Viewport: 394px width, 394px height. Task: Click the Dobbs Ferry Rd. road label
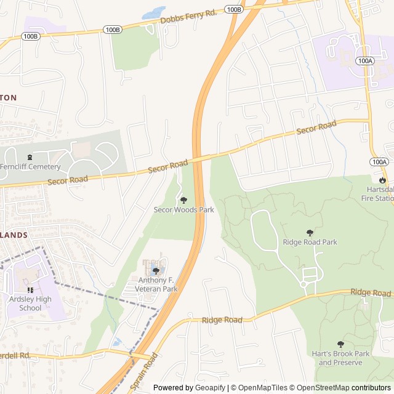[x=188, y=17]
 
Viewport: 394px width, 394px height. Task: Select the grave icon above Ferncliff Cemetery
[x=30, y=157]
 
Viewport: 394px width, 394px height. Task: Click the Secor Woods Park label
[x=183, y=210]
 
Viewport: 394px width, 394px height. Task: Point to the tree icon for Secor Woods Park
[x=183, y=200]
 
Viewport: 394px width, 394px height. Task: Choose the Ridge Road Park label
[x=310, y=242]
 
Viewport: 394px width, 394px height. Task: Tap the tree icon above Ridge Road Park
[x=310, y=233]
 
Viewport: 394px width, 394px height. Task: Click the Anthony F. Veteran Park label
[x=158, y=284]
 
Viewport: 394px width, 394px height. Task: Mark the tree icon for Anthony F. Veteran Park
[x=156, y=271]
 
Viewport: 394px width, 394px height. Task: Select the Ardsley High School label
[x=30, y=304]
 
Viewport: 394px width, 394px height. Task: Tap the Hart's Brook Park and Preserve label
[x=340, y=358]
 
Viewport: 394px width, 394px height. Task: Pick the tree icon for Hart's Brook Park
[x=340, y=344]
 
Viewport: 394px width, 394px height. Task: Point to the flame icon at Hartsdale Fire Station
[x=382, y=180]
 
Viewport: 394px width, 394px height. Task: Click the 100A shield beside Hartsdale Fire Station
[x=379, y=162]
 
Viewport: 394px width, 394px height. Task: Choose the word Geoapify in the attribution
[x=209, y=388]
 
